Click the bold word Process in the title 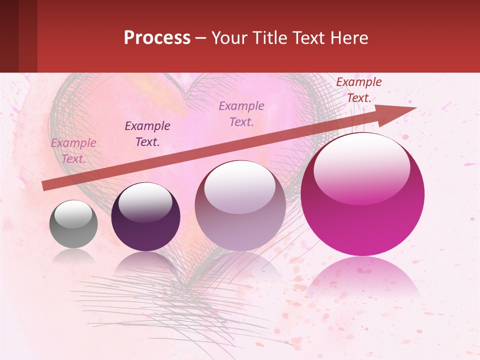point(157,38)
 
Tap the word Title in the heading point(271,38)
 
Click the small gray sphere point(73,224)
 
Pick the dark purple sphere point(145,217)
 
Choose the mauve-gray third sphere point(240,206)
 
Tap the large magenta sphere point(362,195)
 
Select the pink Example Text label point(73,151)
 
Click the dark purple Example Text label point(147,134)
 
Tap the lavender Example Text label point(241,114)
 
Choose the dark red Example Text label point(359,90)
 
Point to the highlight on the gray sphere point(73,214)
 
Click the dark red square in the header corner point(18,36)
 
